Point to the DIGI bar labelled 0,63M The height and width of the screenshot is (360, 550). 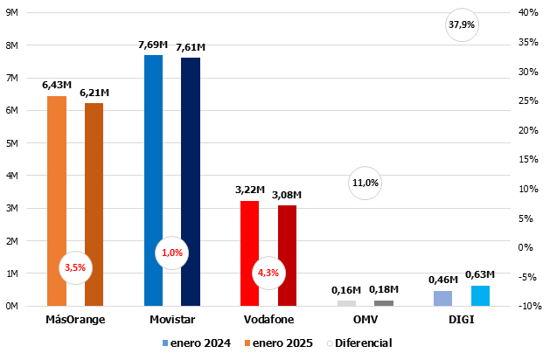point(480,295)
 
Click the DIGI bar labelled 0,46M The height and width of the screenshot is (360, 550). point(442,298)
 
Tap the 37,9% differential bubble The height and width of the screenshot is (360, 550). point(461,24)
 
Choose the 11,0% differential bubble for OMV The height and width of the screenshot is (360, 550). point(365,183)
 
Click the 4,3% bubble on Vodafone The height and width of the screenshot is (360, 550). point(268,273)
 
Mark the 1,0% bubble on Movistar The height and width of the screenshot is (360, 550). point(172,253)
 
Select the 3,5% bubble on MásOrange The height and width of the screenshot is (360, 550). point(75,267)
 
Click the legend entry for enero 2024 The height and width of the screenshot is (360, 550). point(197,343)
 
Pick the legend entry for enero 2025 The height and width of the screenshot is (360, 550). point(285,343)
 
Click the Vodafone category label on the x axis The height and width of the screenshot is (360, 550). point(268,320)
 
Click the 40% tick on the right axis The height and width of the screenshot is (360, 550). point(527,13)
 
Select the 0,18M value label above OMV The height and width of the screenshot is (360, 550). point(383,289)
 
